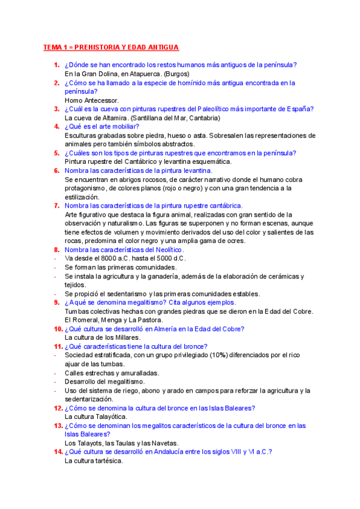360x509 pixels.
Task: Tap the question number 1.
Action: (x=55, y=65)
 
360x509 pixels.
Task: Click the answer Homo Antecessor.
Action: (x=92, y=100)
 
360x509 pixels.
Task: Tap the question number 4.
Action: (x=55, y=127)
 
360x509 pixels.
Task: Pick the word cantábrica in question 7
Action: (x=223, y=206)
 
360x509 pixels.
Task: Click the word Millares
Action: (x=125, y=338)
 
